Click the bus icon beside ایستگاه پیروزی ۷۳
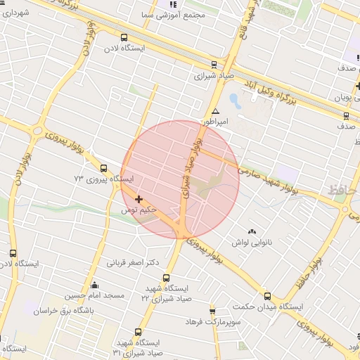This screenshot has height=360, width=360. point(104,168)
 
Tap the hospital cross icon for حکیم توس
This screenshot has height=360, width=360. point(139,200)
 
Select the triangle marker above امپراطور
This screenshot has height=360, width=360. point(215,112)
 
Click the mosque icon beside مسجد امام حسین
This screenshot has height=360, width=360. point(95,285)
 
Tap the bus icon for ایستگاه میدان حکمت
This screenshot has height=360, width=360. point(266,297)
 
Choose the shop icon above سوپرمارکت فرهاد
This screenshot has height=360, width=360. point(212,311)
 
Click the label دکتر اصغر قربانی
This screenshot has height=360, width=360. point(133,263)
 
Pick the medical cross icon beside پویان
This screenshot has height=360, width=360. point(358,86)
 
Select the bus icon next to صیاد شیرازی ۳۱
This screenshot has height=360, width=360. point(137,332)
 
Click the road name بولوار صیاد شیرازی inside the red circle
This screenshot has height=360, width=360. point(192,169)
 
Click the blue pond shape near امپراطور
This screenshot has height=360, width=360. point(234,101)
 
